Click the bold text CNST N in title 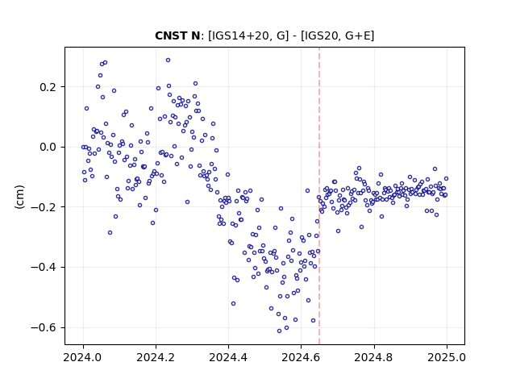pyautogui.click(x=177, y=35)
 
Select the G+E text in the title pyautogui.click(x=358, y=35)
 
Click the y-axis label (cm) pyautogui.click(x=19, y=197)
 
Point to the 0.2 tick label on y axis pyautogui.click(x=48, y=87)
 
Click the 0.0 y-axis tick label pyautogui.click(x=48, y=147)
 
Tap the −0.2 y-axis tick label pyautogui.click(x=44, y=207)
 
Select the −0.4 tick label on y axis pyautogui.click(x=44, y=267)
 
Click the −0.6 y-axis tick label pyautogui.click(x=44, y=327)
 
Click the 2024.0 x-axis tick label pyautogui.click(x=83, y=357)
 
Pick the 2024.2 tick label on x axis pyautogui.click(x=156, y=357)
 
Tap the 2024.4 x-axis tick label pyautogui.click(x=228, y=357)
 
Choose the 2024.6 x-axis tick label pyautogui.click(x=301, y=357)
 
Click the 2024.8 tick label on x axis pyautogui.click(x=374, y=357)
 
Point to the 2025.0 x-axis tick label pyautogui.click(x=447, y=357)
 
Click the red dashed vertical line pyautogui.click(x=319, y=196)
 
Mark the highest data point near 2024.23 pyautogui.click(x=168, y=60)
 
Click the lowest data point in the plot pyautogui.click(x=280, y=331)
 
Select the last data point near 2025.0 pyautogui.click(x=446, y=179)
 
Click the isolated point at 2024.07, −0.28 pyautogui.click(x=110, y=233)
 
